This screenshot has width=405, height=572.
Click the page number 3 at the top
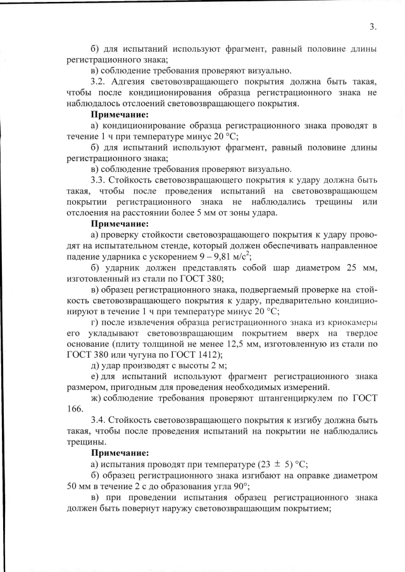tap(373, 27)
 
